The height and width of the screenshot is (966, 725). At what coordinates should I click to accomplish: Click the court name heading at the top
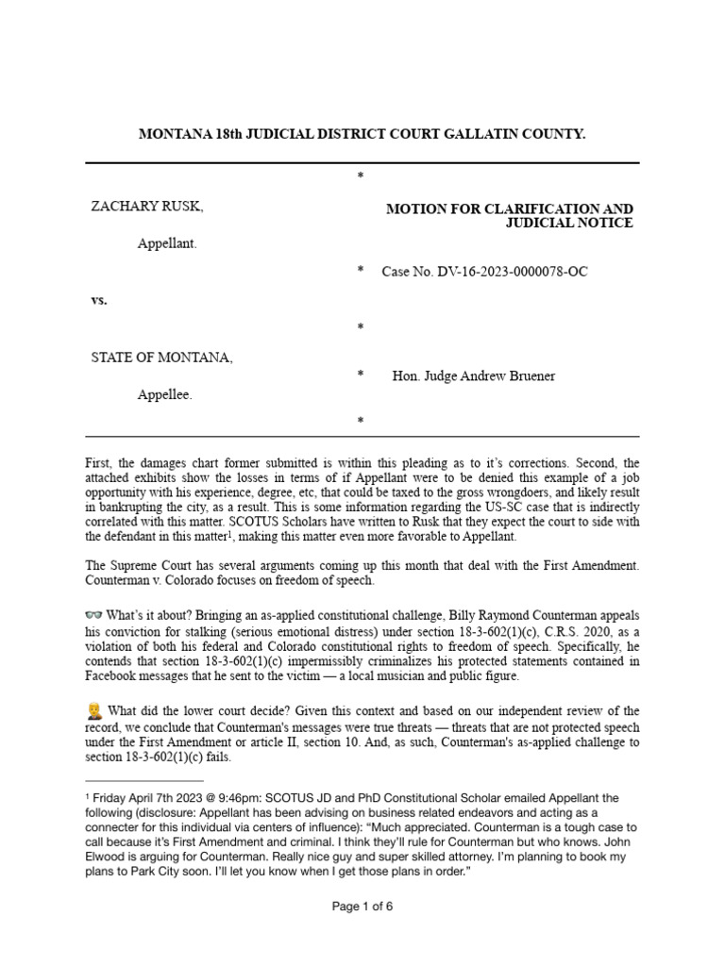(362, 135)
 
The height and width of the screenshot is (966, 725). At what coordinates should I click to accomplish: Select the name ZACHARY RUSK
(146, 207)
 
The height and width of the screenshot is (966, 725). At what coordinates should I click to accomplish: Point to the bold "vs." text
(99, 300)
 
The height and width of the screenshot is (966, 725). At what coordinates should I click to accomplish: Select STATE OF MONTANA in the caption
(160, 358)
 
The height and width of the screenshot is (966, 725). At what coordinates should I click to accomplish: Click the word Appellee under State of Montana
(165, 395)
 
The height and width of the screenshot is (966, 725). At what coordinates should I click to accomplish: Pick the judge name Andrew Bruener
(509, 376)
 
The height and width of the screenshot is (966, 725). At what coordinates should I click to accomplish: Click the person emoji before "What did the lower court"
(93, 710)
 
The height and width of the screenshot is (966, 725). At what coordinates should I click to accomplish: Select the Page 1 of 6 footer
(362, 933)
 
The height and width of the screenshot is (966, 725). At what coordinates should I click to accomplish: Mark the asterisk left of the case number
(360, 272)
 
